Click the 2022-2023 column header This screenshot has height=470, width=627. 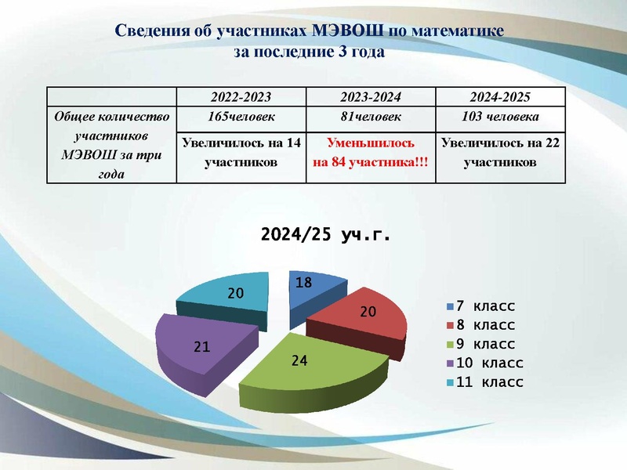tap(241, 98)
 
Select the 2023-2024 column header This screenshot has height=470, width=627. tap(370, 98)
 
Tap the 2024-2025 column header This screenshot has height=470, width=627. tap(500, 98)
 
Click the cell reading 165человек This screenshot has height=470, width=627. tap(241, 117)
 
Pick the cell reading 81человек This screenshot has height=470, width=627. tap(370, 117)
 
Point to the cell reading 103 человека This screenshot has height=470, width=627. tap(500, 117)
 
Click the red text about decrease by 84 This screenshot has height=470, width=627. tap(370, 154)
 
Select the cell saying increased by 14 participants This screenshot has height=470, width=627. tap(241, 154)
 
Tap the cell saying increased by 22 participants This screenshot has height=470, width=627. tap(500, 154)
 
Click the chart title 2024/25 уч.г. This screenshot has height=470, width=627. tap(324, 234)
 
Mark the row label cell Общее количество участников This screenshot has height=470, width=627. tap(111, 146)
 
